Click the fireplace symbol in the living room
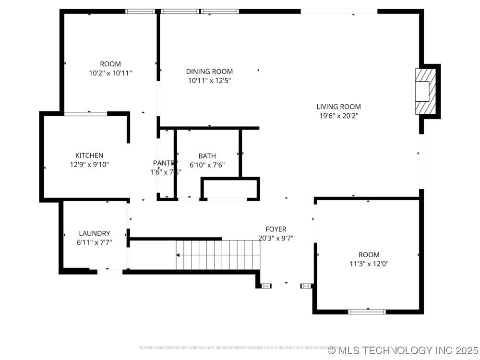click(x=426, y=91)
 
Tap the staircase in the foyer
click(x=218, y=255)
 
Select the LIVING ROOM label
click(x=338, y=107)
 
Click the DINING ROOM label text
click(x=209, y=72)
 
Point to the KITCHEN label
click(x=89, y=156)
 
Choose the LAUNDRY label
click(x=94, y=233)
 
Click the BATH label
click(x=207, y=156)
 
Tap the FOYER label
click(x=276, y=229)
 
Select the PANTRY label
click(x=165, y=163)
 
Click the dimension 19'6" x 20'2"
click(x=338, y=116)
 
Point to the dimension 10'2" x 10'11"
click(x=110, y=73)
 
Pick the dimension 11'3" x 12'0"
click(x=369, y=264)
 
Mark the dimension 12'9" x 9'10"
click(x=89, y=165)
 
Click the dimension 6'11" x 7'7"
click(x=94, y=242)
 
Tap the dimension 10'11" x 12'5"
click(x=209, y=81)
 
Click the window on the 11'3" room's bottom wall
click(x=367, y=312)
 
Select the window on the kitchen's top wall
click(x=85, y=114)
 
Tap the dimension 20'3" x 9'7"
click(x=276, y=238)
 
